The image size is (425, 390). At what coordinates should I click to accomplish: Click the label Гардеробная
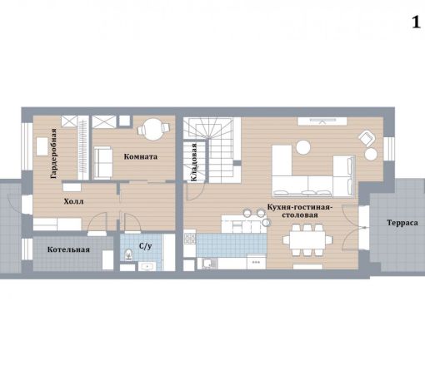pyautogui.click(x=54, y=153)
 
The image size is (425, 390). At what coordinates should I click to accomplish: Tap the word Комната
pyautogui.click(x=141, y=157)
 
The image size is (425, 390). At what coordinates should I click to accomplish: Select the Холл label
pyautogui.click(x=73, y=201)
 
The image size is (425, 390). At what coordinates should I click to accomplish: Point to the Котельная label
pyautogui.click(x=68, y=249)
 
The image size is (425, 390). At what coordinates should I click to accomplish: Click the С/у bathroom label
pyautogui.click(x=146, y=246)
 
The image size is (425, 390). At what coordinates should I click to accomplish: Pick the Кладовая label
pyautogui.click(x=194, y=162)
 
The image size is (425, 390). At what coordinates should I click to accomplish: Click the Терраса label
pyautogui.click(x=402, y=223)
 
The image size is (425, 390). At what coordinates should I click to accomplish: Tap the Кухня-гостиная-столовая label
pyautogui.click(x=300, y=211)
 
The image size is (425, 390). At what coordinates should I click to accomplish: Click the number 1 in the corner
pyautogui.click(x=416, y=22)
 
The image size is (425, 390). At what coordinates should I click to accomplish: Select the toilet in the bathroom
pyautogui.click(x=128, y=254)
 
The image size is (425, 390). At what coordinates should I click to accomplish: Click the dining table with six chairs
pyautogui.click(x=307, y=239)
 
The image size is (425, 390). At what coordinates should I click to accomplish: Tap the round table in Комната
pyautogui.click(x=153, y=130)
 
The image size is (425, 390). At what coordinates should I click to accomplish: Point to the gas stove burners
pyautogui.click(x=190, y=239)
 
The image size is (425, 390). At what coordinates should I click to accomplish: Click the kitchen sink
pyautogui.click(x=207, y=264)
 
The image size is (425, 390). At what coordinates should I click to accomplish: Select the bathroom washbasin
pyautogui.click(x=146, y=267)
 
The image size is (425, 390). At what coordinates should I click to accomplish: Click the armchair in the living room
pyautogui.click(x=367, y=138)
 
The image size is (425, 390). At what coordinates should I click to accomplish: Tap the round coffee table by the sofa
pyautogui.click(x=302, y=147)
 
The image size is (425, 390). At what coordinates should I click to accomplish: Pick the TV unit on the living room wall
pyautogui.click(x=322, y=121)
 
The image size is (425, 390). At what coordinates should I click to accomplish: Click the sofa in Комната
pyautogui.click(x=103, y=163)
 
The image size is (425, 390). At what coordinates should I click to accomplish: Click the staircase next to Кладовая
pyautogui.click(x=218, y=150)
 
